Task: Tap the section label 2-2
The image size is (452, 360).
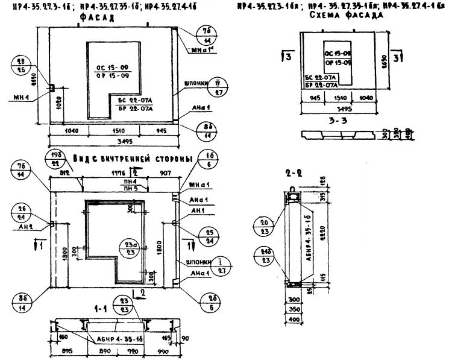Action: (293, 173)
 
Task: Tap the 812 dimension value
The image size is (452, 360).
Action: (66, 172)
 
